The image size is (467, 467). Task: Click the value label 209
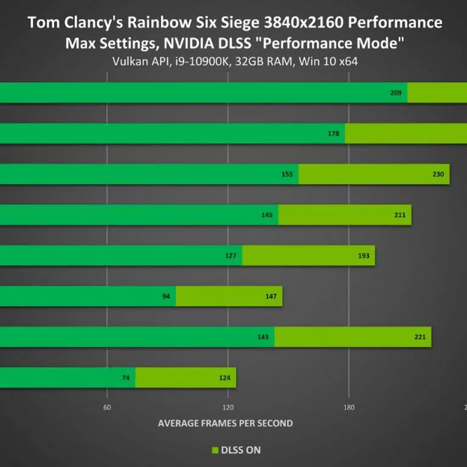(x=395, y=93)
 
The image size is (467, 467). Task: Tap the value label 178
(x=333, y=134)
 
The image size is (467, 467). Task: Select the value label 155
(x=287, y=175)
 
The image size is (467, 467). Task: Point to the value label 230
(x=438, y=175)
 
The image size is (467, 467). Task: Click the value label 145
(x=266, y=215)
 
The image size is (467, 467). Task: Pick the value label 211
(x=400, y=215)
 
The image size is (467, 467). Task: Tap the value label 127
(x=230, y=255)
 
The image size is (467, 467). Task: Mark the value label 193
(x=364, y=255)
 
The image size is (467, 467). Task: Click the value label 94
(x=166, y=296)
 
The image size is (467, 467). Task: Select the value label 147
(x=271, y=296)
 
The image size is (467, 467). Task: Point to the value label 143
(x=263, y=337)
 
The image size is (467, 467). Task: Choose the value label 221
(x=420, y=337)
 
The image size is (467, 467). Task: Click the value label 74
(x=126, y=378)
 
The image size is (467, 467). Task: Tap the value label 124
(x=224, y=378)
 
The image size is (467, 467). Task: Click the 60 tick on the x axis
(x=107, y=407)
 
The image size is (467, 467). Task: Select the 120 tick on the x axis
(x=229, y=407)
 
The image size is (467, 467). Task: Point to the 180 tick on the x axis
(x=349, y=407)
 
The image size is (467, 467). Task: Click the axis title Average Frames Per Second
(x=226, y=423)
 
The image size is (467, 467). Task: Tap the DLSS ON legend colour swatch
(x=214, y=451)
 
